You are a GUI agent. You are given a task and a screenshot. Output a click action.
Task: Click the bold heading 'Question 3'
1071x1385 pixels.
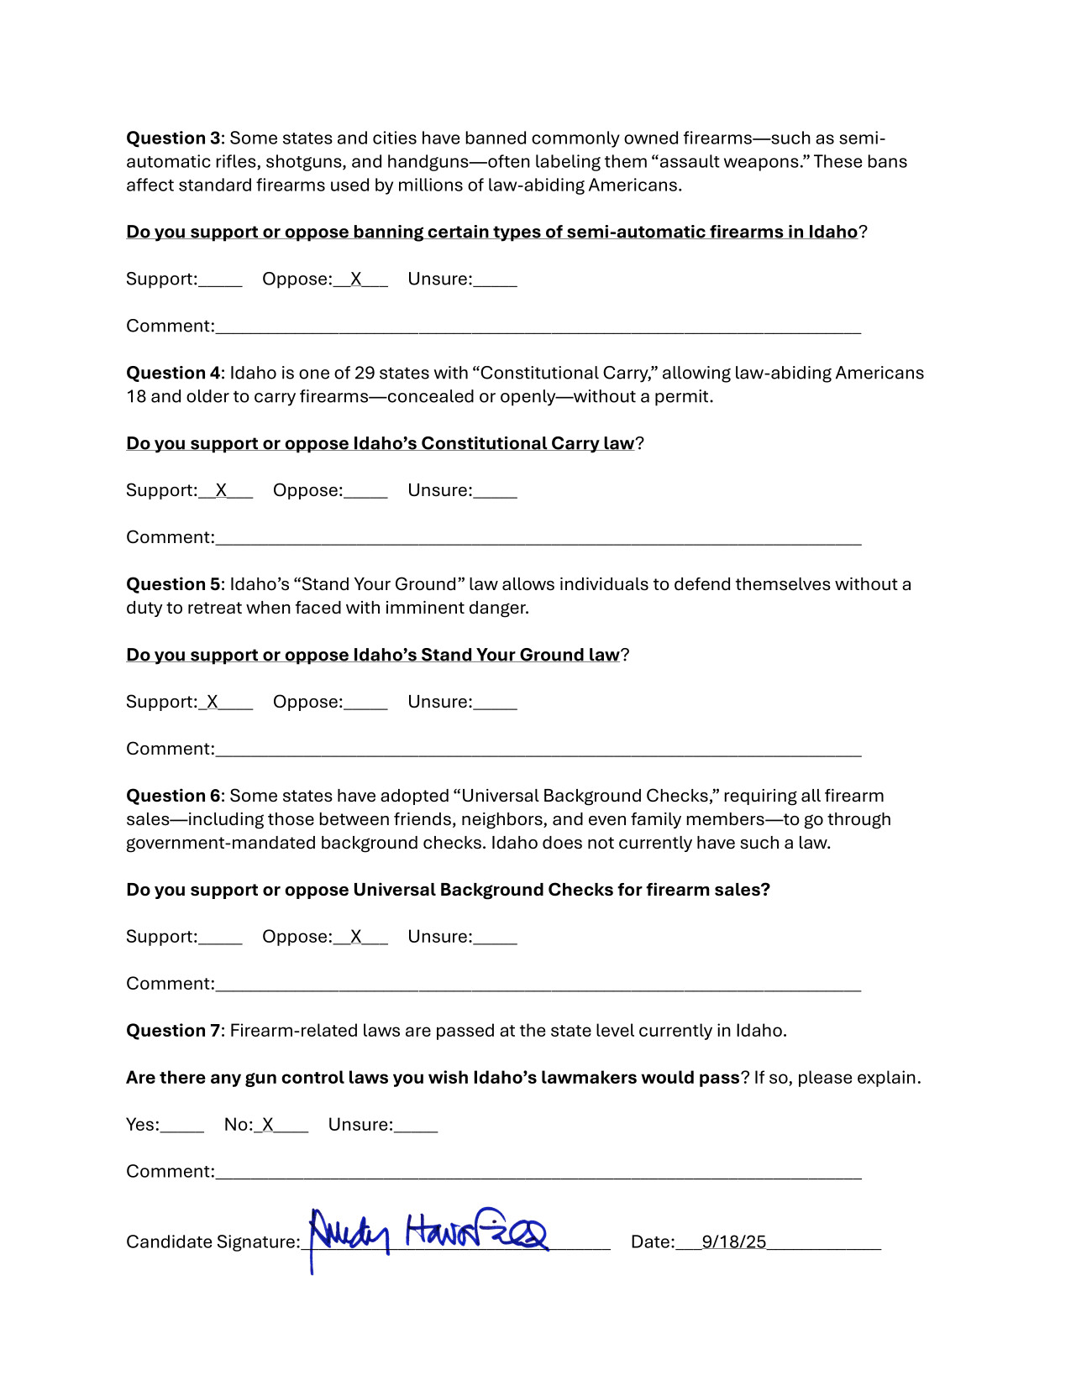[x=173, y=138]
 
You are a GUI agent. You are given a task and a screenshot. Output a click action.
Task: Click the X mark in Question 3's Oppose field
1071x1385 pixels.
[x=356, y=280]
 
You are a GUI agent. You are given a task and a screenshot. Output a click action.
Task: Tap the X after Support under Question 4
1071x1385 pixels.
[x=221, y=491]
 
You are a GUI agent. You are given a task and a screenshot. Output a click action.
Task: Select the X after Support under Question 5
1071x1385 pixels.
[x=213, y=703]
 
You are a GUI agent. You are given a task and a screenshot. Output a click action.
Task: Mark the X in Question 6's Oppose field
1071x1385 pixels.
[x=356, y=938]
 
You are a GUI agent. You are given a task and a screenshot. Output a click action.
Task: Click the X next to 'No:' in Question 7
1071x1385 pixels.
[x=268, y=1126]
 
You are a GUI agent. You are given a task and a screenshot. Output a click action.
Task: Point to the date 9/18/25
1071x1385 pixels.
[x=734, y=1242]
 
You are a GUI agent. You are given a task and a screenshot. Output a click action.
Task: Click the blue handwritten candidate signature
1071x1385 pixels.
[x=428, y=1234]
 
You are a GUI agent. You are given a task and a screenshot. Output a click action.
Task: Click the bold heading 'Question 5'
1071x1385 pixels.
[x=173, y=585]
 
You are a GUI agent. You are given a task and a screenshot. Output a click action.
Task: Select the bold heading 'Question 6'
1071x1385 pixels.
[x=173, y=797]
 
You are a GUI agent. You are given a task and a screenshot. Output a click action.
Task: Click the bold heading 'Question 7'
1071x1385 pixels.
[x=173, y=1032]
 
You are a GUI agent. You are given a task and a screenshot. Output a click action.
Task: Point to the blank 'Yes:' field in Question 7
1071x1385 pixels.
[x=182, y=1126]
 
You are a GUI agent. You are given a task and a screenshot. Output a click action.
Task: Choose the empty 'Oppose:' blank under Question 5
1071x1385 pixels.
[x=365, y=703]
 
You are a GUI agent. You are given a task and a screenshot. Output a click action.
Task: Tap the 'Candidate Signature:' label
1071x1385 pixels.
[x=213, y=1242]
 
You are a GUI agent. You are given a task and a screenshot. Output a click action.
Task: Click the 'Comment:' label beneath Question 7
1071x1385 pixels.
[x=171, y=1172]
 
